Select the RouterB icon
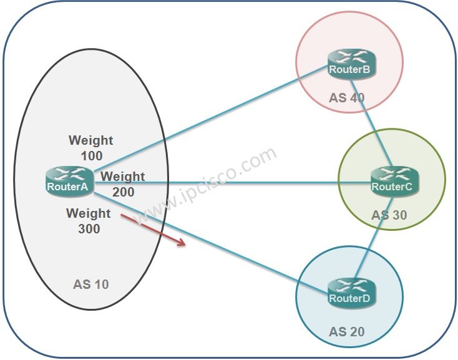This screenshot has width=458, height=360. pos(350,66)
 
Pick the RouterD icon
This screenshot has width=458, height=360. pos(350,294)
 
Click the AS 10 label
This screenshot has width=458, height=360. pos(90,285)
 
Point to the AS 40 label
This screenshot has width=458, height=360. pos(347,98)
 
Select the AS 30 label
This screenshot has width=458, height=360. pos(389,215)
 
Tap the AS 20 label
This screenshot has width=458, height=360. pos(347,331)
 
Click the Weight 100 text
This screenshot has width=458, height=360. pos(91,148)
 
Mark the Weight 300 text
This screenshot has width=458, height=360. pos(88,221)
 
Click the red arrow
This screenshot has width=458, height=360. pos(153,229)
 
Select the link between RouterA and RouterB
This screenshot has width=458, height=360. pos(212,116)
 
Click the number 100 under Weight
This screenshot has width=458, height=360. pos(91,155)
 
